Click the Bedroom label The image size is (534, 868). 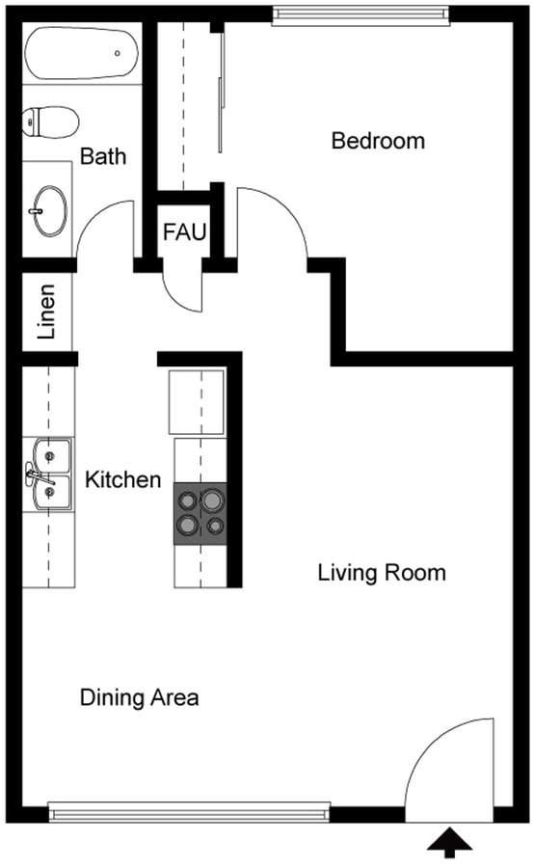tap(378, 141)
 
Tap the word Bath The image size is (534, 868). tap(103, 156)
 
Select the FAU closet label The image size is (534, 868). tap(183, 232)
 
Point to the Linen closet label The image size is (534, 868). tap(45, 312)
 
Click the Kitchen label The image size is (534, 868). tap(122, 479)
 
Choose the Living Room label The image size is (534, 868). tap(382, 573)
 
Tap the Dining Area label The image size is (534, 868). tap(139, 697)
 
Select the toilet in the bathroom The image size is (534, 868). tap(51, 121)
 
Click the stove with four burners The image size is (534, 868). tap(200, 513)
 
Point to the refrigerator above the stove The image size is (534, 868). tap(198, 400)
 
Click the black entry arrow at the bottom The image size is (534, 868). tap(450, 844)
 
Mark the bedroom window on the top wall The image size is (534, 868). tap(360, 14)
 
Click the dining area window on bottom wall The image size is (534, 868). tap(189, 813)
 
